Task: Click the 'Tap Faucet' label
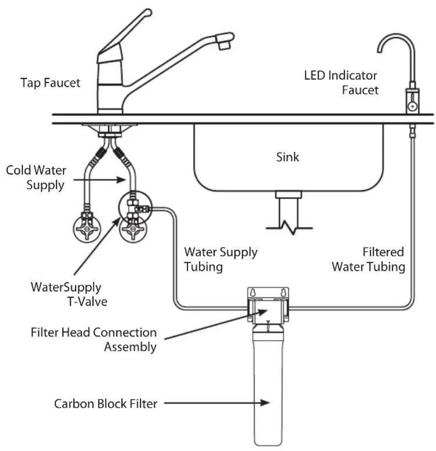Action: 50,83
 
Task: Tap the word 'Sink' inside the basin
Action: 287,157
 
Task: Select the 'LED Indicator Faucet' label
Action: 341,83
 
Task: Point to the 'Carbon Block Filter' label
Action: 106,404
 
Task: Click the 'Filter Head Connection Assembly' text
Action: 94,340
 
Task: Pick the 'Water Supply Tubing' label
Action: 221,259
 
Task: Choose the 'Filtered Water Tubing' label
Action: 368,259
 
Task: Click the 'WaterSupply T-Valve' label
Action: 69,294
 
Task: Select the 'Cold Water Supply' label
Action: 36,177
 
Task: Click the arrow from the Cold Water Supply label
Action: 99,180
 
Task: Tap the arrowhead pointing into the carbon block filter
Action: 264,403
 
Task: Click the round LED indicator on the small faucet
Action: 413,106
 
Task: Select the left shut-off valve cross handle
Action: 87,229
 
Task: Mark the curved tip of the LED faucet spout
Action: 380,49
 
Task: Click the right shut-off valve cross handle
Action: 133,229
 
